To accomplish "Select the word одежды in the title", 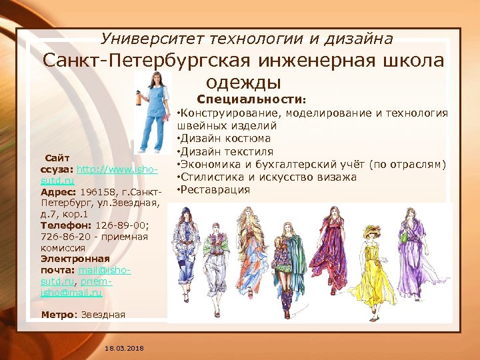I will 244,82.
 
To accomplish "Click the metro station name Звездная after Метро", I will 103,314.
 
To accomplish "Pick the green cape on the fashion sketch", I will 301,260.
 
